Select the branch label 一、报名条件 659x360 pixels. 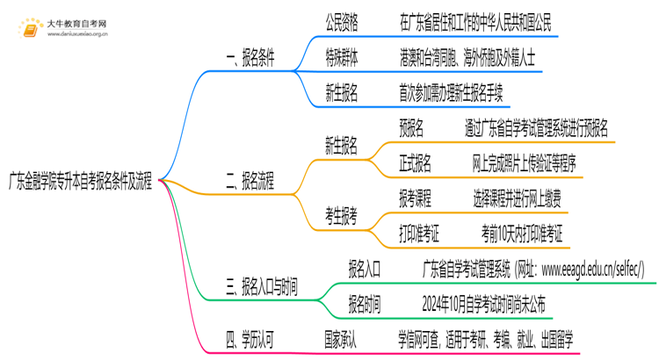pyautogui.click(x=250, y=59)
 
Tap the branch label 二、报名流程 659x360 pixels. pyautogui.click(x=250, y=183)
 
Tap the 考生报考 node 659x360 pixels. pyautogui.click(x=342, y=217)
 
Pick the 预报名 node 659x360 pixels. pyautogui.click(x=411, y=129)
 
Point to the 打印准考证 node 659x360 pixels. pyautogui.click(x=419, y=234)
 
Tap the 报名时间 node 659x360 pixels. pyautogui.click(x=365, y=305)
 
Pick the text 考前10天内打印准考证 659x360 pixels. pyautogui.click(x=522, y=234)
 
